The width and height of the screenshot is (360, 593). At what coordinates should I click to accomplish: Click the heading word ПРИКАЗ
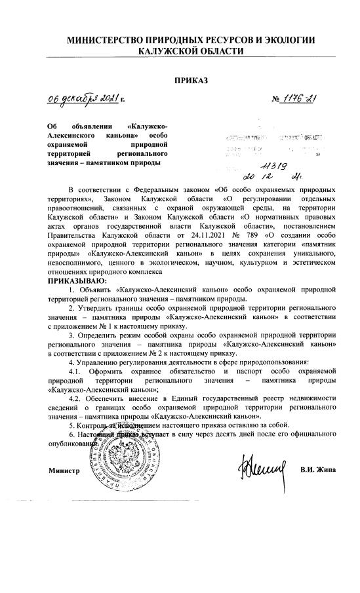point(190,80)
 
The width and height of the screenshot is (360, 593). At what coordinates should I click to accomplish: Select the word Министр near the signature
point(64,452)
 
